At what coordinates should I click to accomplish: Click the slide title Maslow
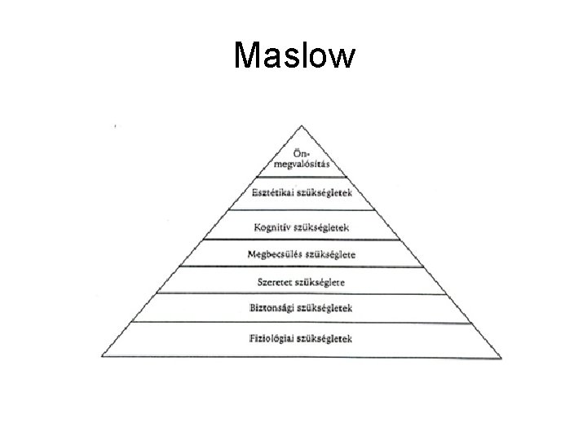point(293,56)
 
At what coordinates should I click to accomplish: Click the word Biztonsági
point(273,309)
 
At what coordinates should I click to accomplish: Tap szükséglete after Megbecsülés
point(330,254)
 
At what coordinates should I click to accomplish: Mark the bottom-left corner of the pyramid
point(101,356)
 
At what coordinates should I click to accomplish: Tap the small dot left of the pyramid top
point(115,127)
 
